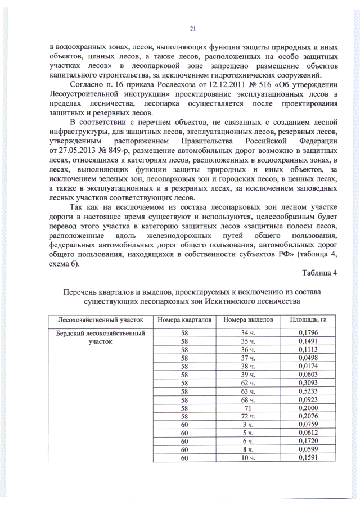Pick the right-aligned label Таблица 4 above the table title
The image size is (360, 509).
click(x=319, y=273)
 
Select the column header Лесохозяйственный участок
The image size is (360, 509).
click(x=97, y=320)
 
